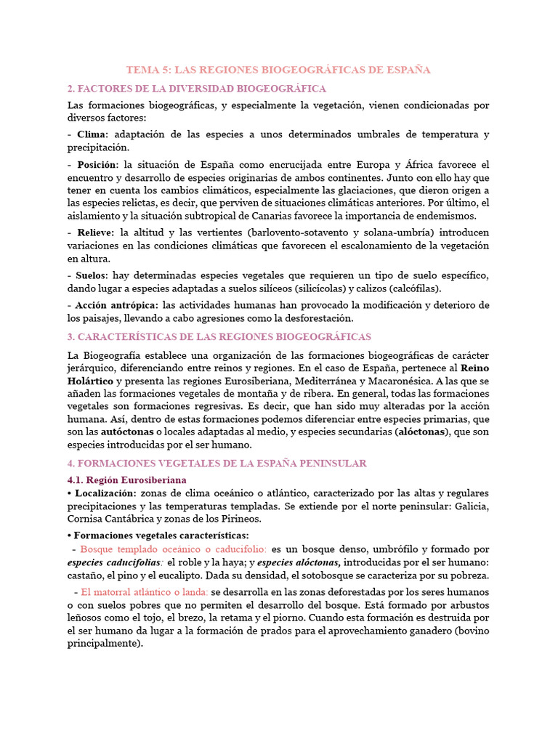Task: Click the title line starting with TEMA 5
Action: tap(278, 70)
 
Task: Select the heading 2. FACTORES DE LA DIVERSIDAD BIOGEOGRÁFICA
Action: tap(196, 89)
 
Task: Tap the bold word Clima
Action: tap(92, 134)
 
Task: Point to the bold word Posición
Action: tap(96, 164)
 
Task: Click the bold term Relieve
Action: tap(94, 232)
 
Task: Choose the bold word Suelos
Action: tap(92, 276)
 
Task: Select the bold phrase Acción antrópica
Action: tap(117, 305)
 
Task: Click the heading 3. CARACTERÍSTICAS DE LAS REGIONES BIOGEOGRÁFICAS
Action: tap(219, 337)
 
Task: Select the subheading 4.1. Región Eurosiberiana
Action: tap(126, 480)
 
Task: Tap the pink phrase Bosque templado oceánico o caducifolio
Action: tap(174, 549)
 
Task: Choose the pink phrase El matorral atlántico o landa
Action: tap(145, 592)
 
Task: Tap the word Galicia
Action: tap(470, 506)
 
